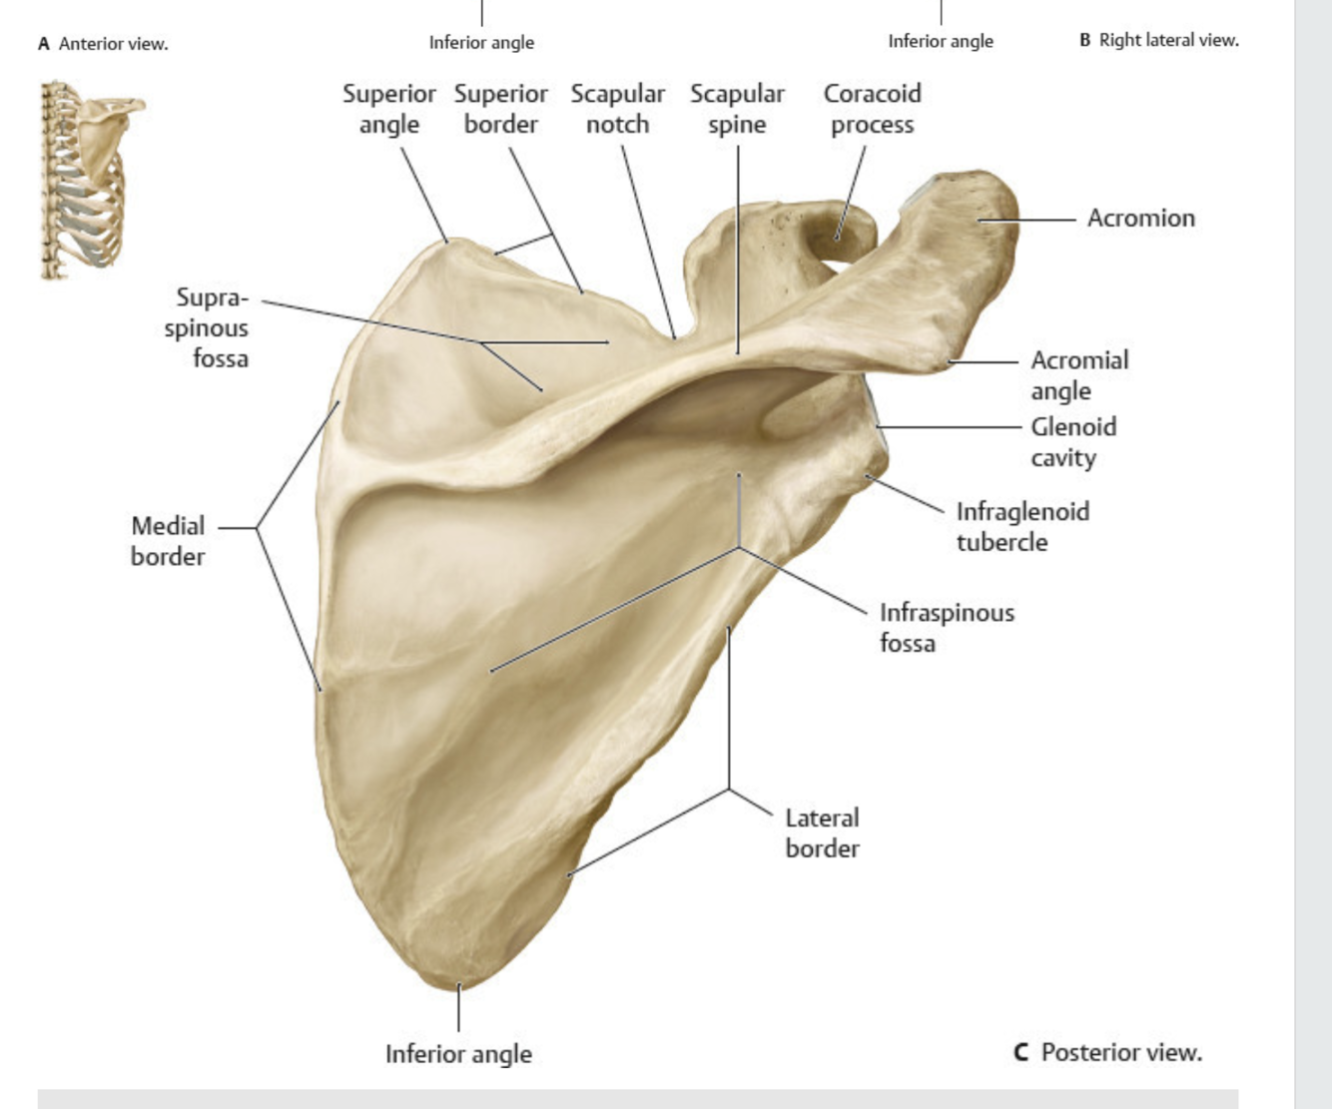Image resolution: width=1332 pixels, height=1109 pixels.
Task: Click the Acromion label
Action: (x=1140, y=218)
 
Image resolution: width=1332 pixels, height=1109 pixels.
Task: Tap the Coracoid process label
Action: (x=872, y=109)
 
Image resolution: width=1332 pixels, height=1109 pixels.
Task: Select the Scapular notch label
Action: (x=617, y=109)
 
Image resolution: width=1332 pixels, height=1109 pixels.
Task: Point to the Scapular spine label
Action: (x=737, y=109)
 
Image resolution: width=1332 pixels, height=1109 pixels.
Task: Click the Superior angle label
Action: (x=388, y=109)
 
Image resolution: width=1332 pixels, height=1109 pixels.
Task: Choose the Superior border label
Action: (x=500, y=109)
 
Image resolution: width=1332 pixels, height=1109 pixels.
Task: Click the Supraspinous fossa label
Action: (x=207, y=327)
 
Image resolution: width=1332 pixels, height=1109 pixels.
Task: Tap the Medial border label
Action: (x=168, y=541)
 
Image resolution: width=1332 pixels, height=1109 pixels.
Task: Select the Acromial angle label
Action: (x=1078, y=374)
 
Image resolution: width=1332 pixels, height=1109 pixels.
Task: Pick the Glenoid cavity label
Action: (x=1072, y=441)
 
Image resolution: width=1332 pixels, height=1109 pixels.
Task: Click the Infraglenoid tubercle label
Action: (x=1021, y=526)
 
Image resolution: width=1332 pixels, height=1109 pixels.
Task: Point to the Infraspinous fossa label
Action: (x=946, y=627)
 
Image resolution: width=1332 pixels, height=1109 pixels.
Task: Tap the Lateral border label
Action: (x=822, y=832)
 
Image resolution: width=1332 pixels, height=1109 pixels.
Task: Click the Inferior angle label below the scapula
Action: (x=458, y=1054)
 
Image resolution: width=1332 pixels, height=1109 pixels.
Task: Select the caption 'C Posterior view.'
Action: (x=1107, y=1052)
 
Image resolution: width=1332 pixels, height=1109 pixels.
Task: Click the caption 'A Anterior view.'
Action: (x=103, y=44)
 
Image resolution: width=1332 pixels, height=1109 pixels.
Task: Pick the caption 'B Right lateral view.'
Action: (x=1158, y=40)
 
